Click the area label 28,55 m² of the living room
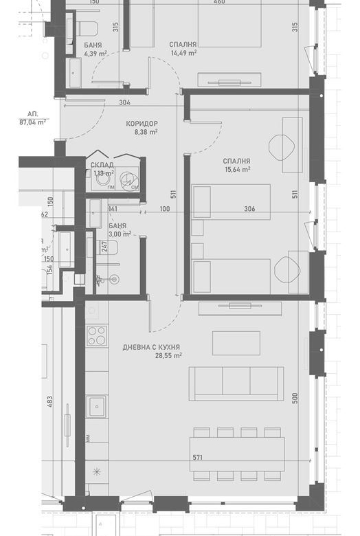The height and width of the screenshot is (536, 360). pyautogui.click(x=168, y=356)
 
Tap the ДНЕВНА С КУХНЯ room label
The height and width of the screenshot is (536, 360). pyautogui.click(x=152, y=347)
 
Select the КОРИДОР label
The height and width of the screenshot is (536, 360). pyautogui.click(x=142, y=124)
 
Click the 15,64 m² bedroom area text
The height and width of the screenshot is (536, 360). pyautogui.click(x=237, y=169)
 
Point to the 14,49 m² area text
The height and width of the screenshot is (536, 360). pyautogui.click(x=183, y=52)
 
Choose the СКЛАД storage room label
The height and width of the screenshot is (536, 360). pyautogui.click(x=102, y=165)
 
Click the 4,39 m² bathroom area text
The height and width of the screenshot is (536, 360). pyautogui.click(x=95, y=53)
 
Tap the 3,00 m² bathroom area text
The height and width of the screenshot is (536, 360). pyautogui.click(x=119, y=234)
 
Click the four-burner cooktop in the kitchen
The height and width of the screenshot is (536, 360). pyautogui.click(x=96, y=336)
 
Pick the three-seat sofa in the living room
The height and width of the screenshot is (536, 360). pyautogui.click(x=236, y=383)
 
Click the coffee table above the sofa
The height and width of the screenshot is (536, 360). pyautogui.click(x=236, y=343)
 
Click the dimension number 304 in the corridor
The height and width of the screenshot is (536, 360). pyautogui.click(x=124, y=103)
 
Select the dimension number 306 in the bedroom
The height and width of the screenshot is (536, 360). pyautogui.click(x=249, y=209)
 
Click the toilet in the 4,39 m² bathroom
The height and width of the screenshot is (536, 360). pyautogui.click(x=87, y=28)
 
